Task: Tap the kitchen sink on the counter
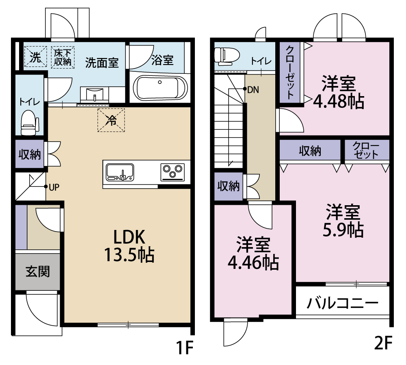click(x=120, y=172)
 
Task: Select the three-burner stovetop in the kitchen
click(x=173, y=172)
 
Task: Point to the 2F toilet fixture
click(x=224, y=56)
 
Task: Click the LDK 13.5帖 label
click(x=129, y=245)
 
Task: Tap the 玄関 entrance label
click(x=37, y=271)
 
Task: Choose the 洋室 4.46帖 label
click(x=253, y=254)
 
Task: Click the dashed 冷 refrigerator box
click(x=111, y=120)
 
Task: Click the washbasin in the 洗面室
click(x=95, y=96)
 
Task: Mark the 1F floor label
click(x=183, y=347)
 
